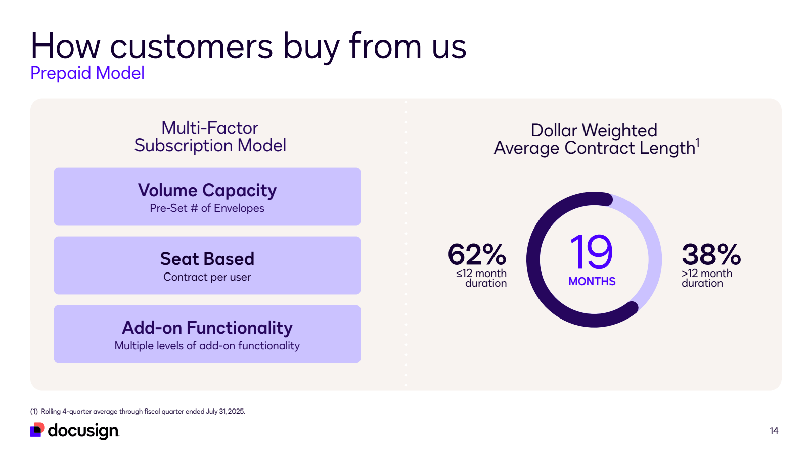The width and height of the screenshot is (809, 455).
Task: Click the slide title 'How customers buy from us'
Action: (248, 47)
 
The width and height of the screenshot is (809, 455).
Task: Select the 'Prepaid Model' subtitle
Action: (87, 73)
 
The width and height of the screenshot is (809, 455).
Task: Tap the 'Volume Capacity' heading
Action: (207, 190)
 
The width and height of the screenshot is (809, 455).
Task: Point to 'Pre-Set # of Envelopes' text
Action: (207, 208)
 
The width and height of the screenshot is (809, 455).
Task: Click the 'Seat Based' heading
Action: (207, 259)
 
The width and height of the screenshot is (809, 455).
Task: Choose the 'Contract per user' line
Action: (207, 277)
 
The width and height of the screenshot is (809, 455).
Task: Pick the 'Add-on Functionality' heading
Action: (207, 328)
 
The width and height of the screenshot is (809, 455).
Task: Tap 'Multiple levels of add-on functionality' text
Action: (207, 346)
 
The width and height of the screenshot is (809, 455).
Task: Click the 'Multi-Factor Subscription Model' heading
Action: (210, 136)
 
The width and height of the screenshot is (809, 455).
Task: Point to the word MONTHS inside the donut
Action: (592, 282)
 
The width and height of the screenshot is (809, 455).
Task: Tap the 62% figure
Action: (477, 254)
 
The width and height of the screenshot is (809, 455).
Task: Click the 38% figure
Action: (711, 254)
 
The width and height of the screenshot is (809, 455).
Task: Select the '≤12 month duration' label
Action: (482, 278)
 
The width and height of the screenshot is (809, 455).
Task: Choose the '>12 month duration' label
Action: (706, 278)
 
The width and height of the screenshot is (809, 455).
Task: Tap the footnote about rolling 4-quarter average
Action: (138, 412)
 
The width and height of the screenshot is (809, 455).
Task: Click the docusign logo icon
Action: (37, 430)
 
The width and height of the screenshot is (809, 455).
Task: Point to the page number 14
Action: (774, 431)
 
